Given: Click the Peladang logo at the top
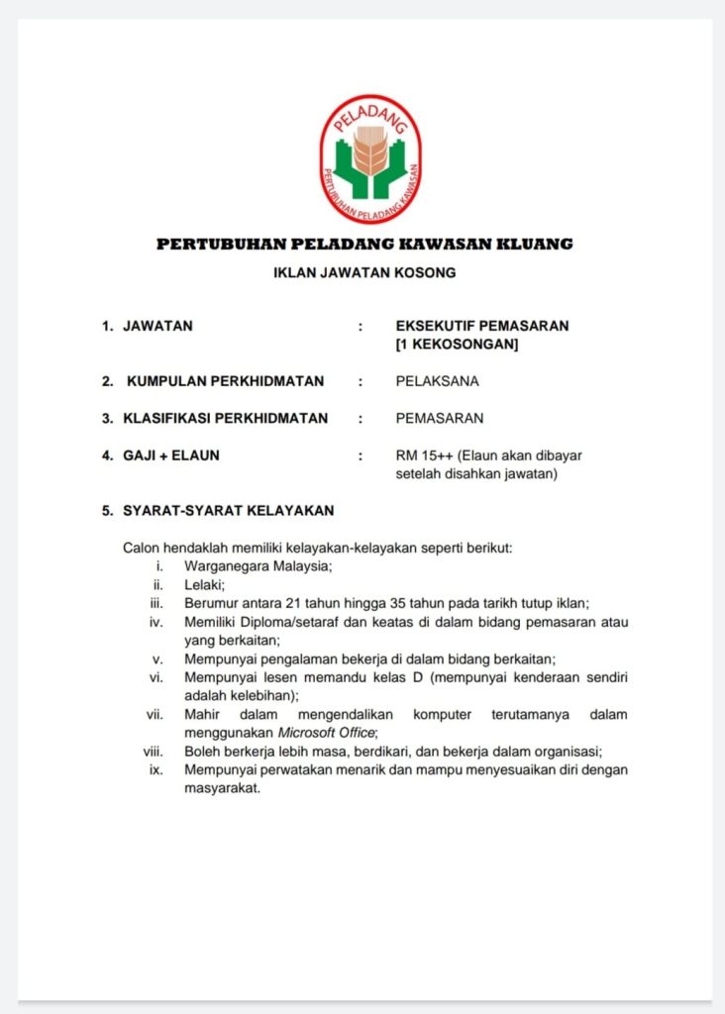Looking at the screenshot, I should point(369,158).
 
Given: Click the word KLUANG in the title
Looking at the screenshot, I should point(537,244).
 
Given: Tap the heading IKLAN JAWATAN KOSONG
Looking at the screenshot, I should point(363,272).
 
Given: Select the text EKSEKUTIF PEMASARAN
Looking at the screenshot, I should point(481,326).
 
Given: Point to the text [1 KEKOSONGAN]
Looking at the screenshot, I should point(456,344).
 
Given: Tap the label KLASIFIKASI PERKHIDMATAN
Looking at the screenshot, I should point(225,418).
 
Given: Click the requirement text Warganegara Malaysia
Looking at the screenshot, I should point(257,565).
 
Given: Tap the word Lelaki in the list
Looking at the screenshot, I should point(203,584).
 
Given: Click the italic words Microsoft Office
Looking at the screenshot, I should point(329,732).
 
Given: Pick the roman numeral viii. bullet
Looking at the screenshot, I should point(153,751).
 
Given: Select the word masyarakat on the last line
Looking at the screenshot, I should point(221,788).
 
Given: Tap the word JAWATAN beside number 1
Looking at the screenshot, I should point(157,326).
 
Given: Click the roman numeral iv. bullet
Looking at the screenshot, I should point(155,622).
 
